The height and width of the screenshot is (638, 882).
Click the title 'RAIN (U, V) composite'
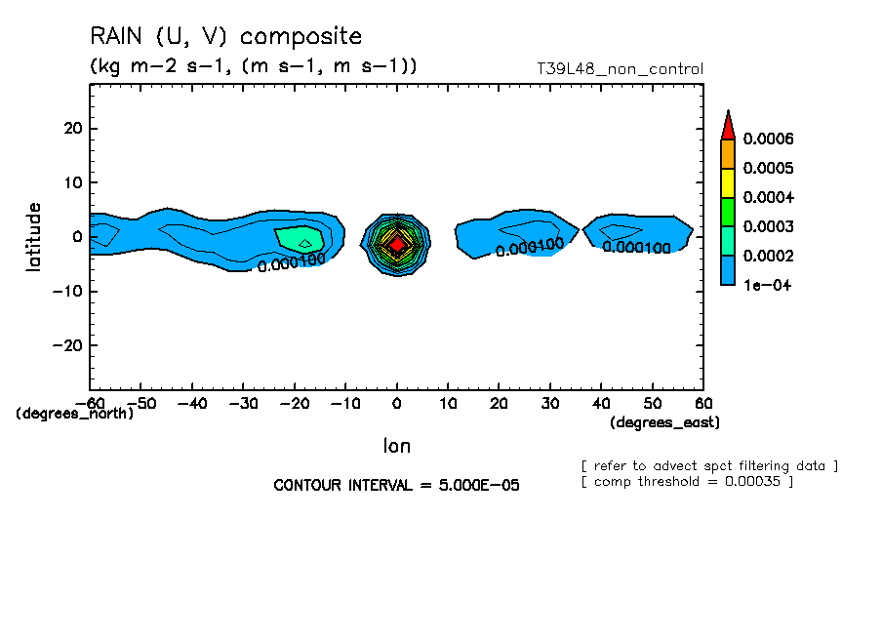(x=225, y=37)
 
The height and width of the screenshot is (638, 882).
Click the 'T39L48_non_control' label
(x=620, y=69)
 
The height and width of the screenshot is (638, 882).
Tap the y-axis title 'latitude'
(x=35, y=237)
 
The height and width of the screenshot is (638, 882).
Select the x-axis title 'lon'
(x=396, y=446)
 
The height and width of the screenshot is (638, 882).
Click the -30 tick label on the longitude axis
(x=243, y=403)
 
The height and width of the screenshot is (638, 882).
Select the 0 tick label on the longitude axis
(x=397, y=403)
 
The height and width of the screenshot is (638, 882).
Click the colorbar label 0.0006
(x=768, y=139)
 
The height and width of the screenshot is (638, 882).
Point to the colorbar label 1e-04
(x=764, y=285)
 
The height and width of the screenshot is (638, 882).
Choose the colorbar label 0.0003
(x=768, y=226)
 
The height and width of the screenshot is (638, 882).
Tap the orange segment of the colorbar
(x=727, y=153)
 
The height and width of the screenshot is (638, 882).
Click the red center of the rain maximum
(x=396, y=245)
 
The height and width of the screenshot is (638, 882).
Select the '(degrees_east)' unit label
(x=664, y=422)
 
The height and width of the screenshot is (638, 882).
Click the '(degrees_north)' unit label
(x=75, y=414)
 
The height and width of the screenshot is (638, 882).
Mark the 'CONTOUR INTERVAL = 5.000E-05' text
(x=396, y=485)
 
